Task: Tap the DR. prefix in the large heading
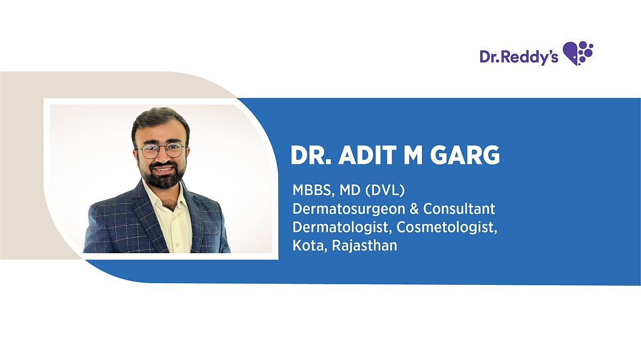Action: [x=311, y=155]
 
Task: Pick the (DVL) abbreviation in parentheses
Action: [x=385, y=191]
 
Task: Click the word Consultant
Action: [x=459, y=209]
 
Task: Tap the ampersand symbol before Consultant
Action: [x=414, y=209]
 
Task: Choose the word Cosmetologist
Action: [x=447, y=228]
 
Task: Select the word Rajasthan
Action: [x=364, y=246]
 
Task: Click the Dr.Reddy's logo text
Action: [x=519, y=57]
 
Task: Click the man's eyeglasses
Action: [x=161, y=151]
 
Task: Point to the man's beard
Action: [x=162, y=176]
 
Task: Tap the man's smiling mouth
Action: [x=163, y=169]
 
